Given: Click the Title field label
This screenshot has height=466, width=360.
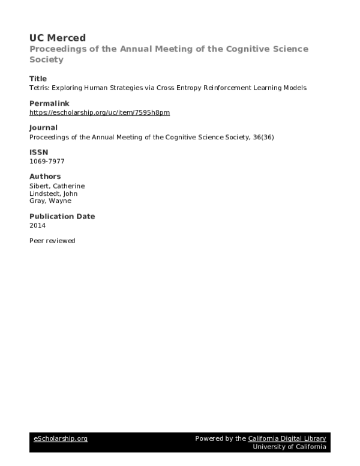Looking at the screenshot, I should click(x=38, y=79).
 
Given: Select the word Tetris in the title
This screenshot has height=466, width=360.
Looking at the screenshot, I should click(x=38, y=88).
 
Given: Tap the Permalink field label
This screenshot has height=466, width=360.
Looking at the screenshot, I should click(x=50, y=103).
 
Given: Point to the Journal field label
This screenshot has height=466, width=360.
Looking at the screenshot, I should click(x=44, y=127).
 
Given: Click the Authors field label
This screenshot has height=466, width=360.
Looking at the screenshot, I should click(x=45, y=177).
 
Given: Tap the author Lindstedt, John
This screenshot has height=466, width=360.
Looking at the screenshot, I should click(x=53, y=193).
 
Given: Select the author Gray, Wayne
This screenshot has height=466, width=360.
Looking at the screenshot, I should click(x=49, y=201).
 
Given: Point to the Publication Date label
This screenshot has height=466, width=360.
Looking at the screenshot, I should click(x=62, y=216).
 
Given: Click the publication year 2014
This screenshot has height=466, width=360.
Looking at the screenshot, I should click(x=37, y=225).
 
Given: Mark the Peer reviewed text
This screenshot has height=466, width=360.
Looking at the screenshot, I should click(x=52, y=240).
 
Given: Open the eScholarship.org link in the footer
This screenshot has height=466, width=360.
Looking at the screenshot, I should click(x=60, y=439).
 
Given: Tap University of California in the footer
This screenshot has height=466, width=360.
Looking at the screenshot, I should click(x=290, y=447).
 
